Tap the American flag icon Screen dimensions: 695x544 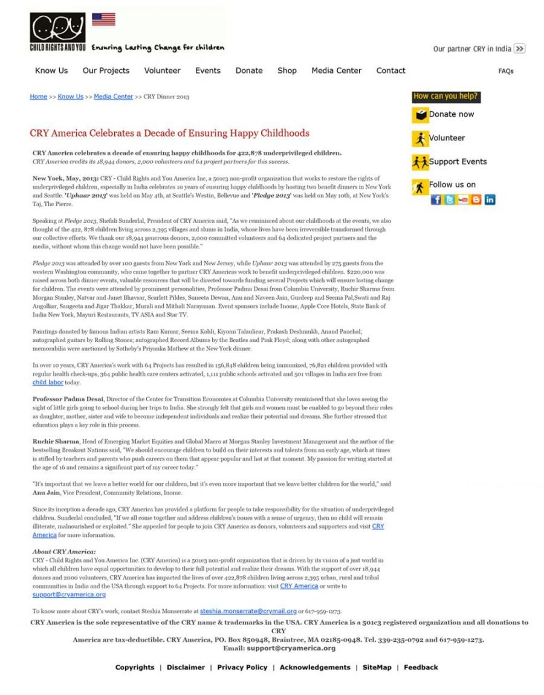click(x=103, y=20)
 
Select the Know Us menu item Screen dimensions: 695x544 click(x=51, y=71)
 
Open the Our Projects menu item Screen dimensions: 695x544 click(x=106, y=71)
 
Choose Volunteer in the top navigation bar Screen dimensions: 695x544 click(x=162, y=71)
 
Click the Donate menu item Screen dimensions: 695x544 click(x=249, y=71)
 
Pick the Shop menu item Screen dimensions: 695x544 click(x=287, y=71)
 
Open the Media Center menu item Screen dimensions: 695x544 click(x=336, y=71)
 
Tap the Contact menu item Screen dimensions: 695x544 click(x=390, y=71)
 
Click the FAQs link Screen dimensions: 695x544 click(x=506, y=71)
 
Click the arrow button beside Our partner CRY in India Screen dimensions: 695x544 click(x=519, y=49)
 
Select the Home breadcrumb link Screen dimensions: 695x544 click(x=39, y=97)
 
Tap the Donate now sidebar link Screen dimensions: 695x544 click(x=451, y=114)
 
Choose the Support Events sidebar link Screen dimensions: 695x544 click(x=457, y=162)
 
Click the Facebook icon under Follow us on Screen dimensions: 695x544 click(x=436, y=200)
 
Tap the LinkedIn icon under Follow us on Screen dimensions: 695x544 click(x=490, y=200)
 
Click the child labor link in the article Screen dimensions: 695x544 click(x=48, y=383)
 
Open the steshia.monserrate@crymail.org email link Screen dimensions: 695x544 click(x=248, y=611)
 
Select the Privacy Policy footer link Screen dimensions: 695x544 click(x=242, y=667)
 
